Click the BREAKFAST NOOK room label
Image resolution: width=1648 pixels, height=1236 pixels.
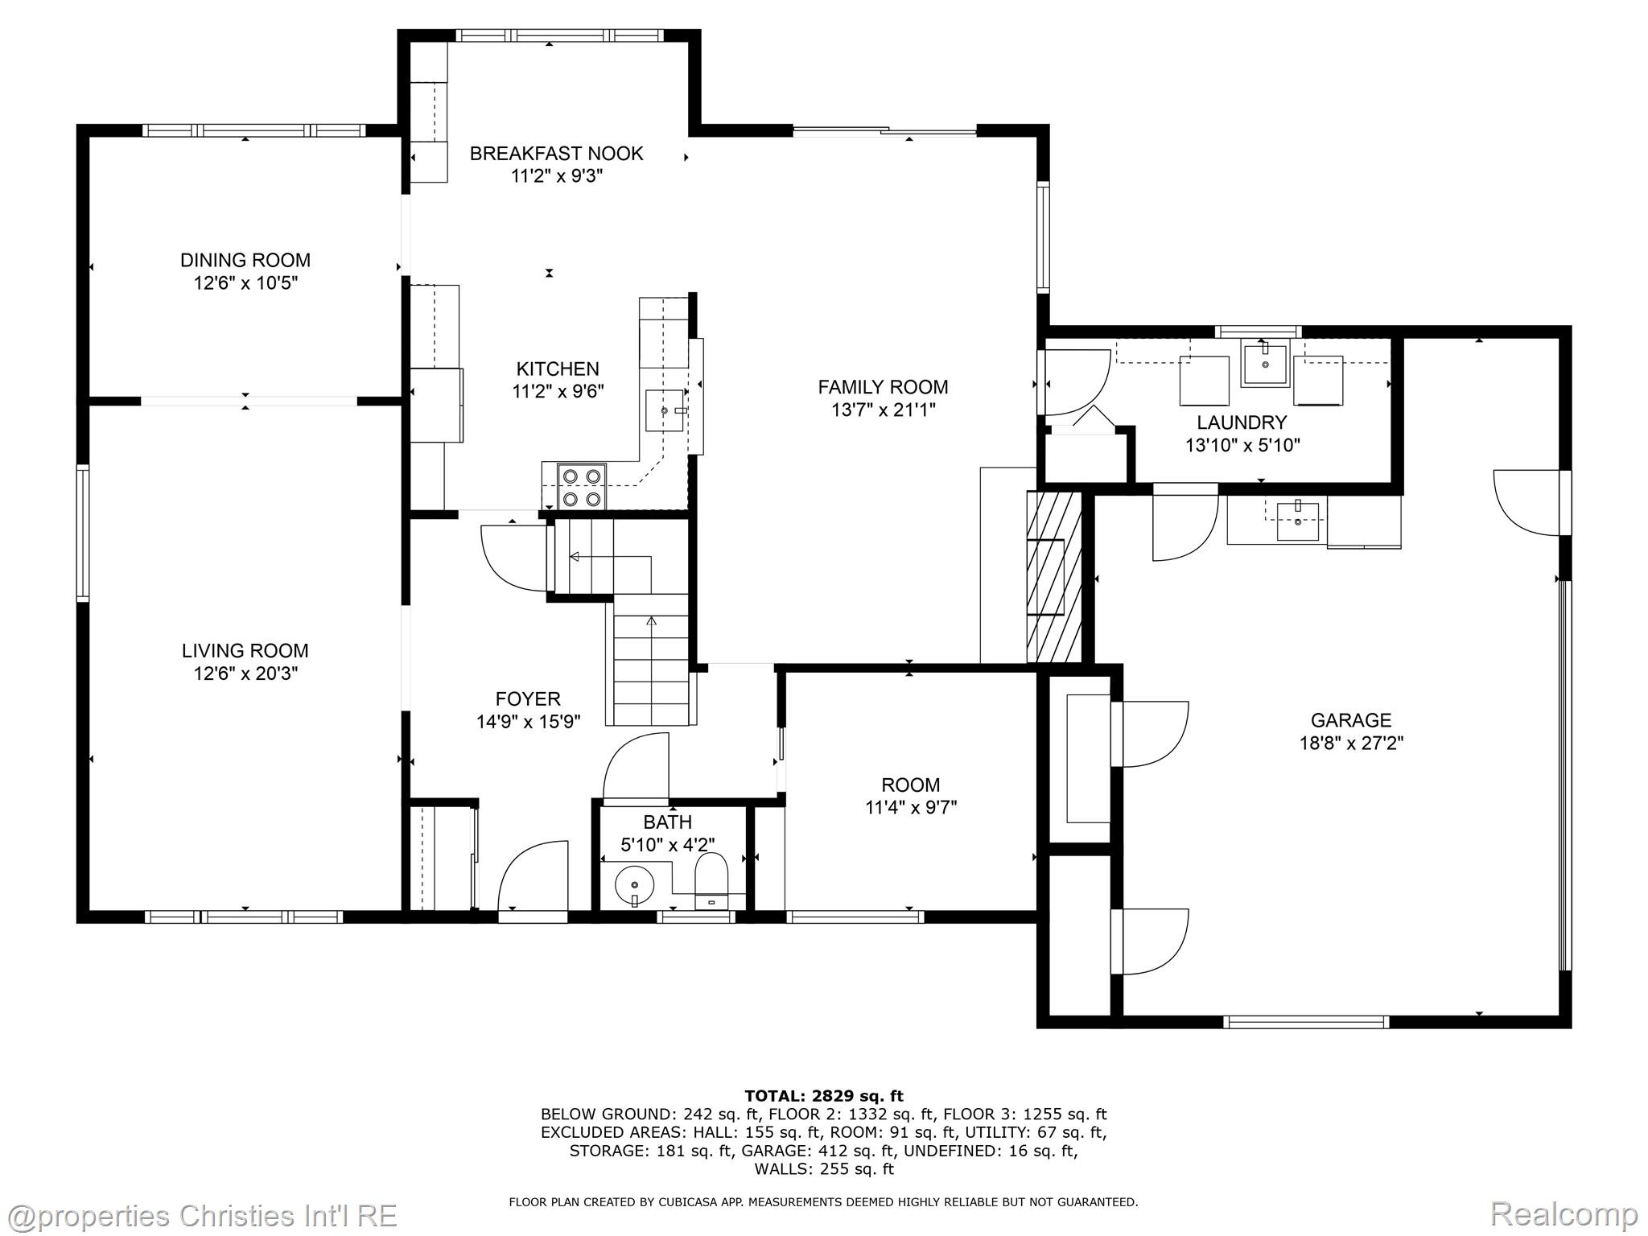tap(556, 153)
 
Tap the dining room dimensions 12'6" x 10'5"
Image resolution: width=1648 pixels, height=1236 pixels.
tap(245, 283)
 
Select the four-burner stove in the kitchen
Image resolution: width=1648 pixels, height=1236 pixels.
tap(582, 487)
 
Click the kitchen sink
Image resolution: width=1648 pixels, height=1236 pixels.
tap(665, 410)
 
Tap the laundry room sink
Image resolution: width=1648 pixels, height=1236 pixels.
tap(1265, 364)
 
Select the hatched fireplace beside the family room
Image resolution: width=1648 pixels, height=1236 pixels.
tap(1053, 577)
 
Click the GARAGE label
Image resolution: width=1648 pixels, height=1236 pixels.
tap(1351, 720)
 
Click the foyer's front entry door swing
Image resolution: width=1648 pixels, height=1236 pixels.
tap(533, 877)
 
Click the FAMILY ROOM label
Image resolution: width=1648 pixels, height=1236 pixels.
tap(883, 387)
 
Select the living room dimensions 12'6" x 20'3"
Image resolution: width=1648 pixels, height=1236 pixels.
tap(245, 674)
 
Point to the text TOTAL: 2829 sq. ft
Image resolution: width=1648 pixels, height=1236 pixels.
tap(824, 1096)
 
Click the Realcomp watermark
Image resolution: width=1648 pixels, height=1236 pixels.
tap(1564, 1213)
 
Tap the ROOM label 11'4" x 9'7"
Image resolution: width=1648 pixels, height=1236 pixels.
tap(911, 796)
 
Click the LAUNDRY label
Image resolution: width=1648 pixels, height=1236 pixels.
tap(1242, 422)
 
